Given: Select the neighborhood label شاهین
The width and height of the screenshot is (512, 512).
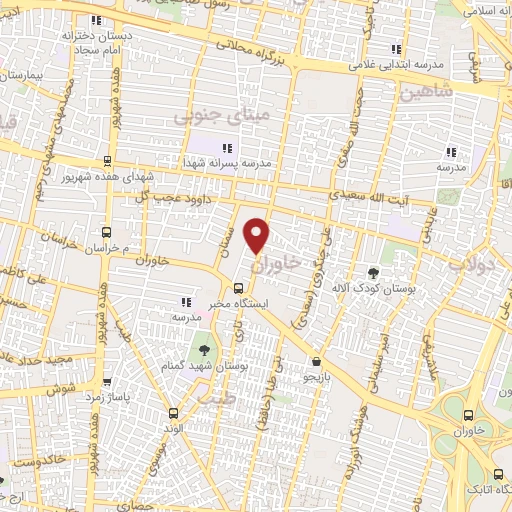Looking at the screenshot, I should coord(427,92).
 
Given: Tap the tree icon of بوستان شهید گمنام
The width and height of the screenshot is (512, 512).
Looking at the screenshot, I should coord(205,350).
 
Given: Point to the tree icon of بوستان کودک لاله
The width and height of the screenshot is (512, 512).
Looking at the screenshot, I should coord(373,273).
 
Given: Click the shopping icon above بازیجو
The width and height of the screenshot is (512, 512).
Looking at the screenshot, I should coord(317,362).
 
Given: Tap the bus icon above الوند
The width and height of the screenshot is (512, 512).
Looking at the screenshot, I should coord(176,412).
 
